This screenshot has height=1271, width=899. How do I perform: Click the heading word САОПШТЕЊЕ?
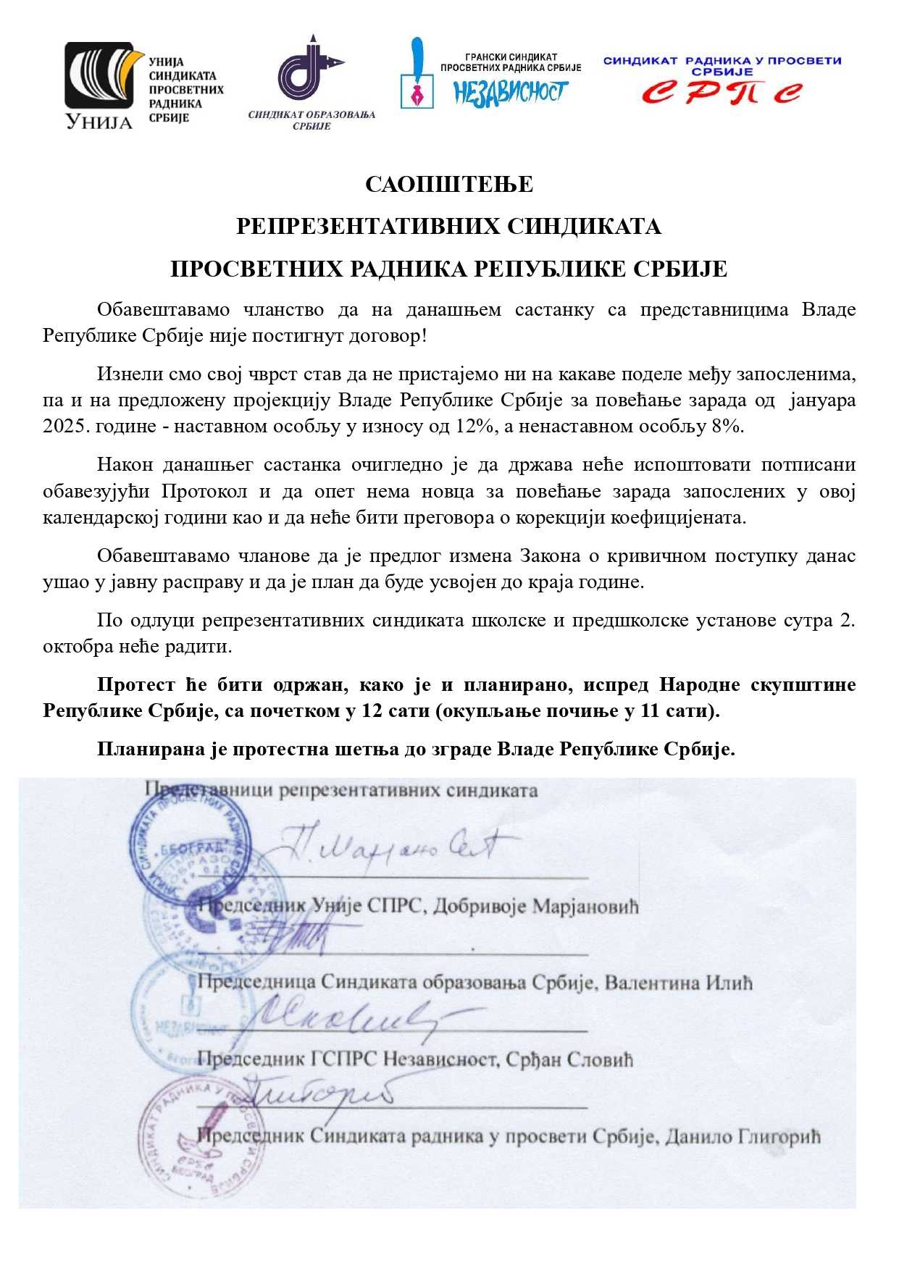pyautogui.click(x=449, y=185)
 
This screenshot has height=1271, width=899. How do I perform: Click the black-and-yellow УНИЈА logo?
pyautogui.click(x=101, y=85)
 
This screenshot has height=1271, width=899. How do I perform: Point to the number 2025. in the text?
pyautogui.click(x=67, y=426)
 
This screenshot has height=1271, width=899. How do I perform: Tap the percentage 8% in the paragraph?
pyautogui.click(x=727, y=426)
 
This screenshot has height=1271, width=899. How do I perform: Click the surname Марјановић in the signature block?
pyautogui.click(x=586, y=907)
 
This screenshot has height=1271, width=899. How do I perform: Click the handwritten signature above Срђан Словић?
pyautogui.click(x=340, y=1014)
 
